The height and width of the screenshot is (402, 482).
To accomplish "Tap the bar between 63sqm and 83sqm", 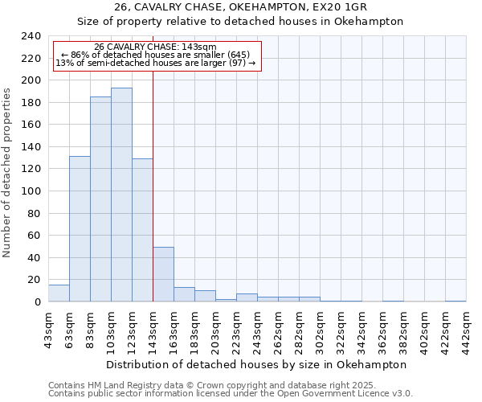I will [80, 229].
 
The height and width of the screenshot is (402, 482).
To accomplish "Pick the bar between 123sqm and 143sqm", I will [142, 230].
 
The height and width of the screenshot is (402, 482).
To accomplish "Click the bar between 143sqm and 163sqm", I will [163, 274].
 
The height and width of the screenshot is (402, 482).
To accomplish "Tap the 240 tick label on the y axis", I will [31, 36].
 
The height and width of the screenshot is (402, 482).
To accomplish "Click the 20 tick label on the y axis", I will [35, 280].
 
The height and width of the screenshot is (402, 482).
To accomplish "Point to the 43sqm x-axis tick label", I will [48, 329].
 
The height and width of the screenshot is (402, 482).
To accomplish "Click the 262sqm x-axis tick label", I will [278, 329].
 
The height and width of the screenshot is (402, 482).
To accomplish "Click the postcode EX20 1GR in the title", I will [336, 6].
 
